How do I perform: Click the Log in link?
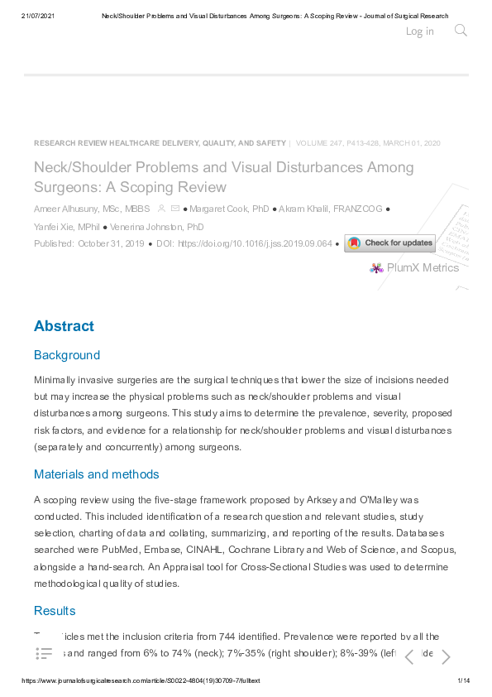419,31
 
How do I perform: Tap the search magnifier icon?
461,31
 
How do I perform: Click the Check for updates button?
389,243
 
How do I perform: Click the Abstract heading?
64,326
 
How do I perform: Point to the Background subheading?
66,355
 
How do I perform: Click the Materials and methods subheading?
96,474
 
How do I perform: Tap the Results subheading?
55,611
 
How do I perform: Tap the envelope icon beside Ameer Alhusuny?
174,209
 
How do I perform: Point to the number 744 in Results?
230,637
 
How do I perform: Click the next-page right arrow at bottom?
446,657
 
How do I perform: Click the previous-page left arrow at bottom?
409,657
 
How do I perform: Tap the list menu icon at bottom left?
45,654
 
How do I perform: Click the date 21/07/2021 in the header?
37,16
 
